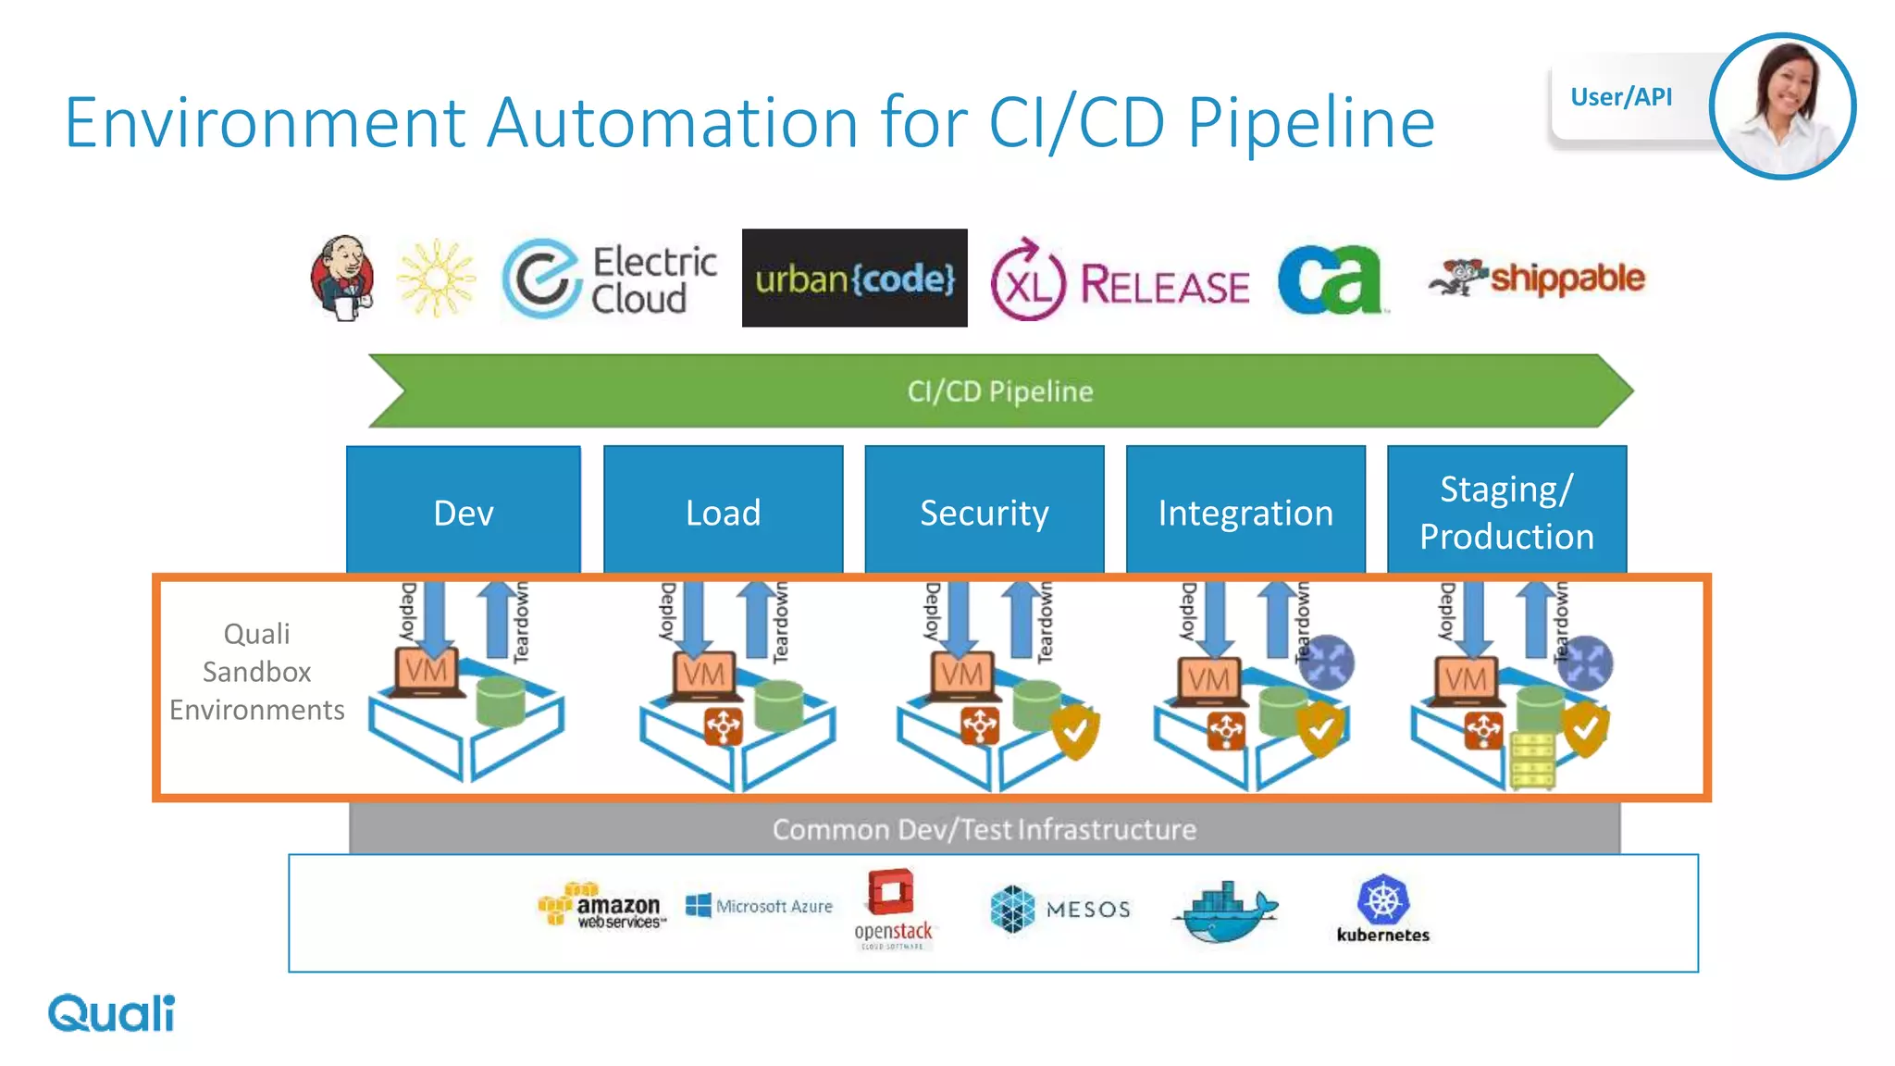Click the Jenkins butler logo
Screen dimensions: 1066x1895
coord(343,278)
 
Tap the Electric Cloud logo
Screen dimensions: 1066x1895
coord(610,279)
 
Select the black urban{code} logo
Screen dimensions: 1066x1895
coord(854,278)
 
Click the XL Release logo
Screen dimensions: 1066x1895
coord(1120,280)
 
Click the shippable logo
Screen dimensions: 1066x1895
coord(1538,278)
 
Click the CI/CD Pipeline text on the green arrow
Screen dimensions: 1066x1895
coord(999,391)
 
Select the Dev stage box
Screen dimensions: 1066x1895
coord(463,511)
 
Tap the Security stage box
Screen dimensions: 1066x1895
coord(984,511)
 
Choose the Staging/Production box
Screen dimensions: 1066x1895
coord(1506,511)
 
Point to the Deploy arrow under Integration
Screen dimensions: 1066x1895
coord(1216,618)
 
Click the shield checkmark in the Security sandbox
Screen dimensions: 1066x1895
coord(1075,731)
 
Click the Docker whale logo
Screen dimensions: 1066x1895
coord(1226,912)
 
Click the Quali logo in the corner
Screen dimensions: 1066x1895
coord(111,1013)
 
